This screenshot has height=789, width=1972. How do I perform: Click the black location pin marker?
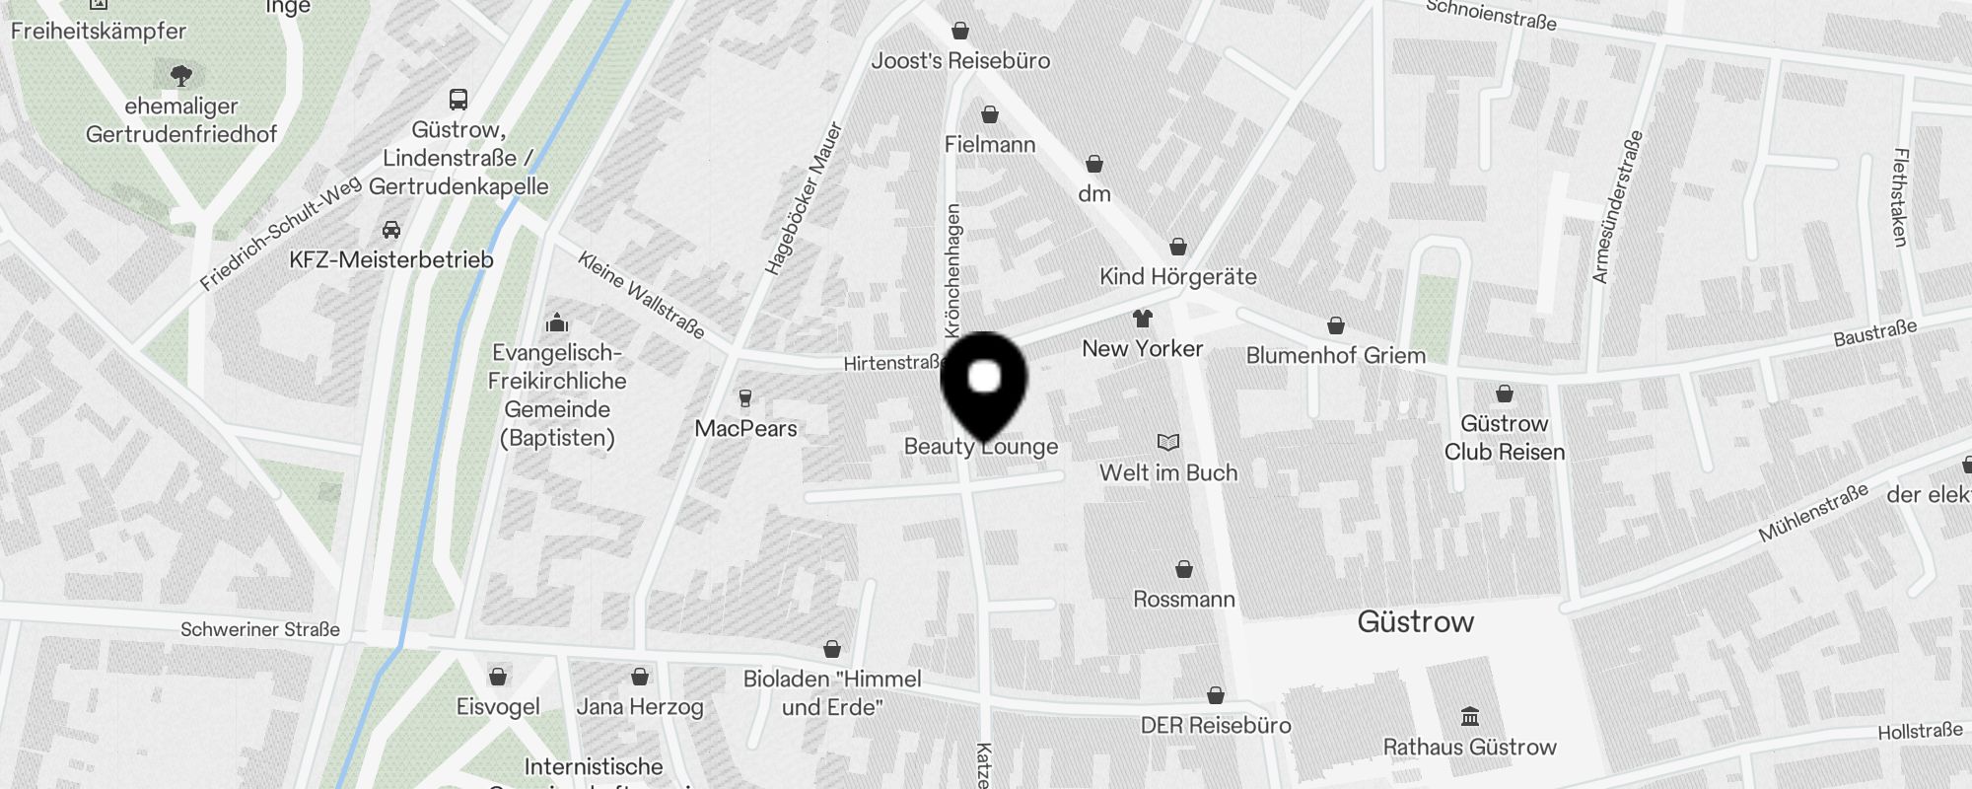pyautogui.click(x=984, y=385)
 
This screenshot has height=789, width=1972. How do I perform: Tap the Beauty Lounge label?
pyautogui.click(x=981, y=447)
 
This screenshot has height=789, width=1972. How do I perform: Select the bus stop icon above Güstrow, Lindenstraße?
pyautogui.click(x=458, y=99)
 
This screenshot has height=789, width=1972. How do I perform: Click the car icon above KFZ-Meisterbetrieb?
pyautogui.click(x=391, y=230)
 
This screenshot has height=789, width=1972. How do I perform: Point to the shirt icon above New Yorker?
pyautogui.click(x=1143, y=319)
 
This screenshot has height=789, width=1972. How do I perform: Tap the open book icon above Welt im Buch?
pyautogui.click(x=1168, y=443)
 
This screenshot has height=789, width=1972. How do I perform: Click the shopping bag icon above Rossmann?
pyautogui.click(x=1184, y=569)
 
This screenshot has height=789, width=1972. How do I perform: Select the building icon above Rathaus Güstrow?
pyautogui.click(x=1470, y=715)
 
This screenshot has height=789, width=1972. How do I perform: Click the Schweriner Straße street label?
pyautogui.click(x=260, y=629)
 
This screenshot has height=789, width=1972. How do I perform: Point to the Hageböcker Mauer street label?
pyautogui.click(x=805, y=198)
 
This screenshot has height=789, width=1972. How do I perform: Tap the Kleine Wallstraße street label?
pyautogui.click(x=641, y=295)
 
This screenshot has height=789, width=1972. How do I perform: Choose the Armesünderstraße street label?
pyautogui.click(x=1618, y=207)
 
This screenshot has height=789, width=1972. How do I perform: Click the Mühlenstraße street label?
pyautogui.click(x=1813, y=513)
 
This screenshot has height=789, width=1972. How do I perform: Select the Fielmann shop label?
pyautogui.click(x=990, y=145)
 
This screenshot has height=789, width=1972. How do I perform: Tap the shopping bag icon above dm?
pyautogui.click(x=1094, y=164)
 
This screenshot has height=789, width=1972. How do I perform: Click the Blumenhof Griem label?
pyautogui.click(x=1336, y=355)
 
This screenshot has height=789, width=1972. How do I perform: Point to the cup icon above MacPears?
pyautogui.click(x=745, y=398)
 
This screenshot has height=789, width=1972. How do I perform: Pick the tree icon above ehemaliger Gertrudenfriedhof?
pyautogui.click(x=180, y=75)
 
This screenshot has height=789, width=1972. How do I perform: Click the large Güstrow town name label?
pyautogui.click(x=1416, y=621)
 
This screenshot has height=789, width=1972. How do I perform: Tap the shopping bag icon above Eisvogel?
pyautogui.click(x=498, y=677)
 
